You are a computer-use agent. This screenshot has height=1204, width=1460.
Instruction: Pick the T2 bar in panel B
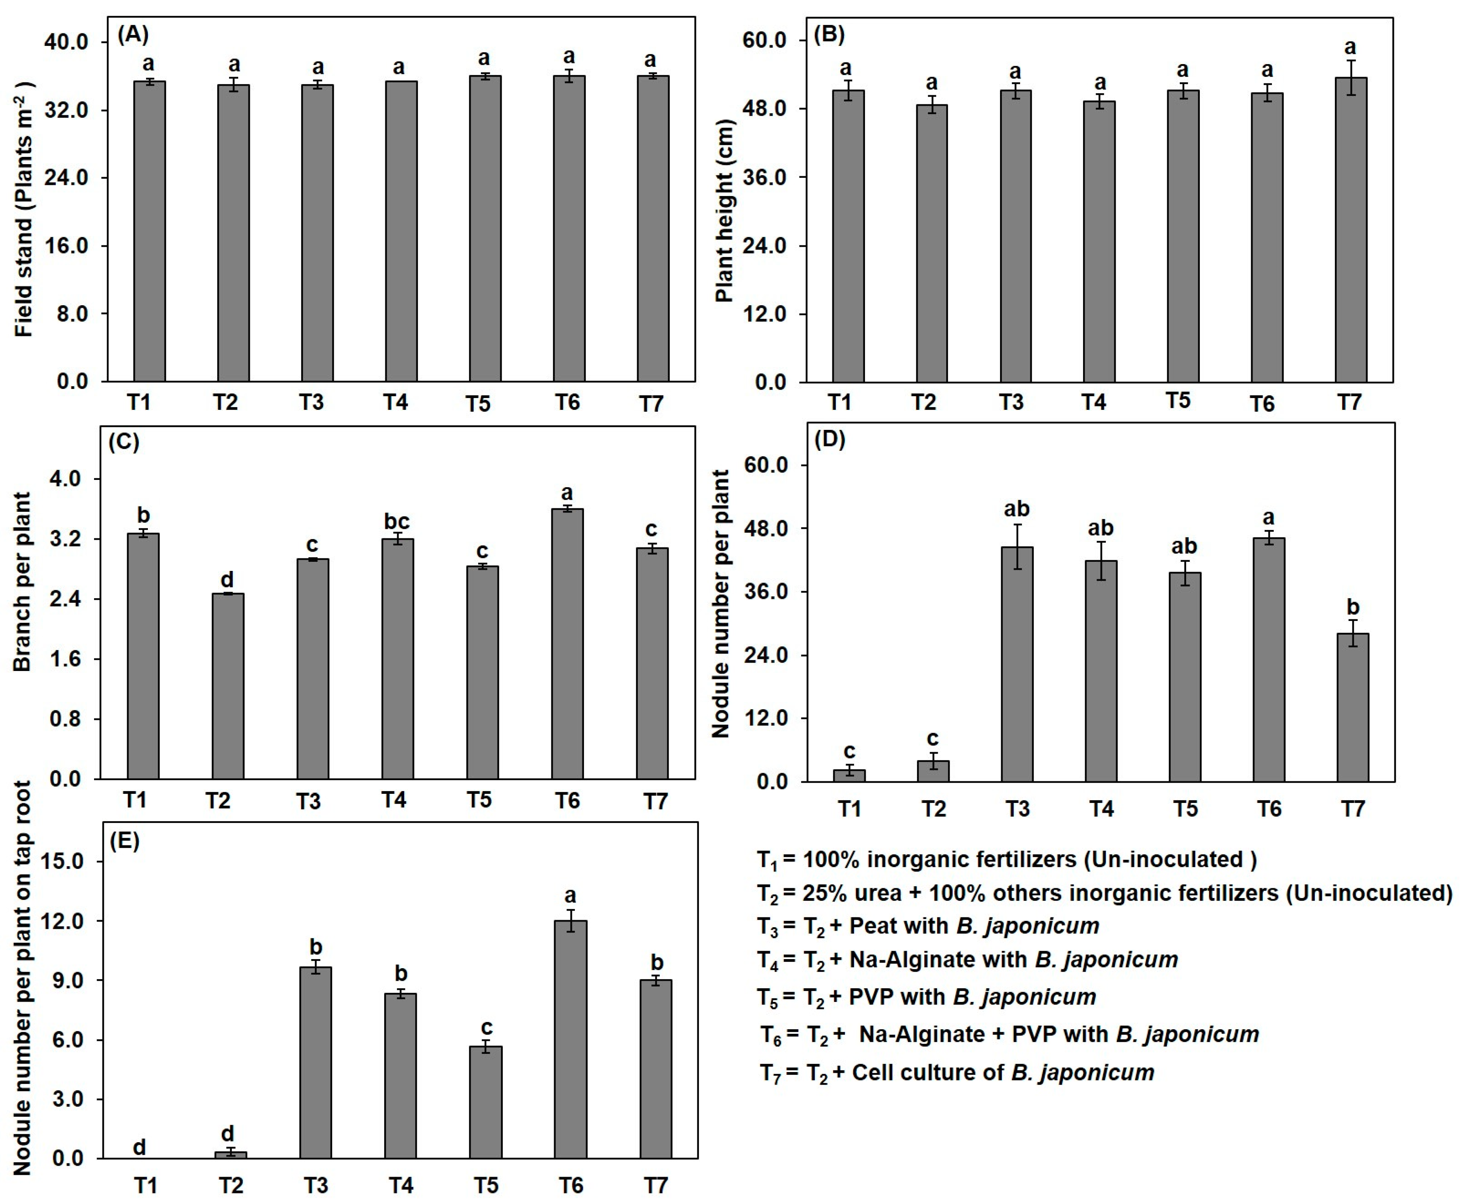[931, 243]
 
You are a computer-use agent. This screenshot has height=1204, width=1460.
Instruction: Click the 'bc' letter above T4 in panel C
[397, 521]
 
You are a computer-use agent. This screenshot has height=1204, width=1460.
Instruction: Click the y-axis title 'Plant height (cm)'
[724, 212]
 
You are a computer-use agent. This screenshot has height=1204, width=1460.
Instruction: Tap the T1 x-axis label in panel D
[849, 809]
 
